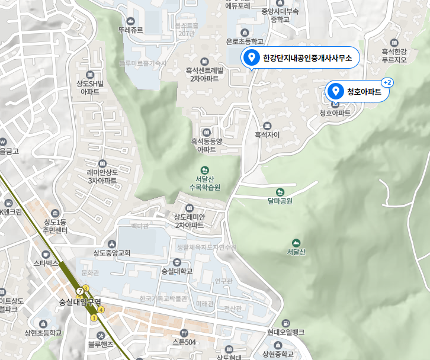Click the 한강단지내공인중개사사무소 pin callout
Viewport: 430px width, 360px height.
pyautogui.click(x=300, y=58)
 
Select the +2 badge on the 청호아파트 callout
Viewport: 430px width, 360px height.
pyautogui.click(x=389, y=82)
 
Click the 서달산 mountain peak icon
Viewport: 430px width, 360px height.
pyautogui.click(x=296, y=243)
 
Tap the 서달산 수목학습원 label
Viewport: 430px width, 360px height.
pyautogui.click(x=204, y=182)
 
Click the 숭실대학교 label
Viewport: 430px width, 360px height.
pyautogui.click(x=177, y=271)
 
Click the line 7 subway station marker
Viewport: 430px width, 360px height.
pyautogui.click(x=80, y=291)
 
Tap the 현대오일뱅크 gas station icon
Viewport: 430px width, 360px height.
pyautogui.click(x=287, y=323)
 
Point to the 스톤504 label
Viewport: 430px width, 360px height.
pyautogui.click(x=184, y=342)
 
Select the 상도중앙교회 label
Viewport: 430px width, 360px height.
pyautogui.click(x=111, y=253)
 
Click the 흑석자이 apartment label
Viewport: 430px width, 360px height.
pyautogui.click(x=267, y=134)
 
